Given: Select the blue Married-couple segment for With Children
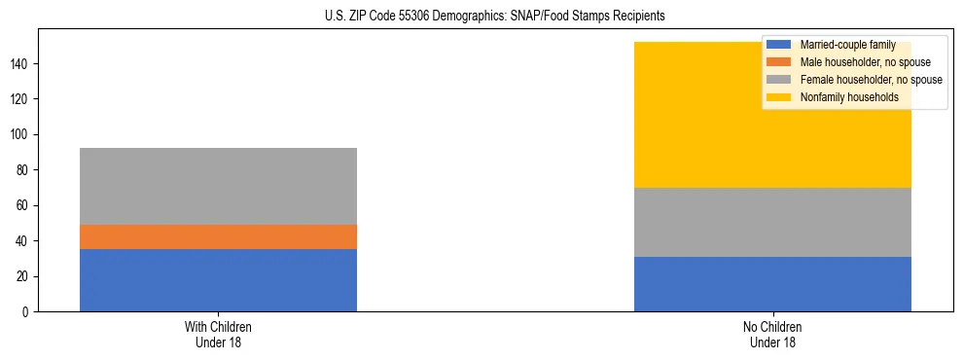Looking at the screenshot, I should click(218, 280).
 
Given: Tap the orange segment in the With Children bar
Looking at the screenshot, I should click(218, 236).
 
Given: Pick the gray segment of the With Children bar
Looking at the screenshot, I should click(218, 186).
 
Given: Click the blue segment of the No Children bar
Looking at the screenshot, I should click(772, 284).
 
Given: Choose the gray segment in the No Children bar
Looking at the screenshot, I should click(772, 222).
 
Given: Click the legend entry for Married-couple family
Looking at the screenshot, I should click(845, 45).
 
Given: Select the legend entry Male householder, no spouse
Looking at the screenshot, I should click(865, 62).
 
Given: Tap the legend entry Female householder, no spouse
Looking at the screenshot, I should click(871, 80).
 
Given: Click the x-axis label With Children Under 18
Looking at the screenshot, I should click(218, 334).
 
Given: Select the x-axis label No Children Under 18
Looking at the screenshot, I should click(772, 334).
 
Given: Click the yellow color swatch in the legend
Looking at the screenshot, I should click(779, 97).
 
